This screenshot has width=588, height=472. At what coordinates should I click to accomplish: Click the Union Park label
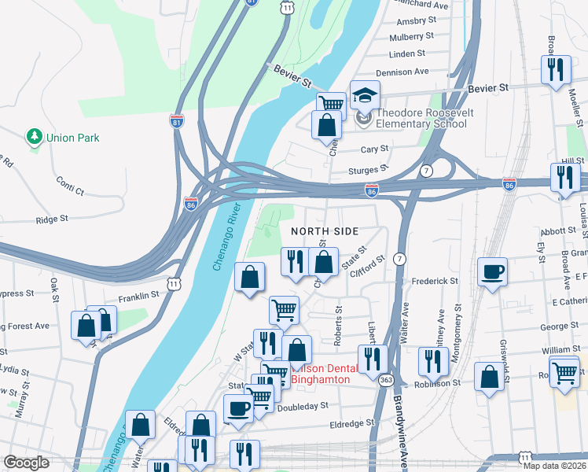click(72, 138)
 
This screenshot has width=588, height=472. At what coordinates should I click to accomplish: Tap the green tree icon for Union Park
click(35, 138)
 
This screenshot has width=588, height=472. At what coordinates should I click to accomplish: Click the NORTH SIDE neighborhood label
click(325, 231)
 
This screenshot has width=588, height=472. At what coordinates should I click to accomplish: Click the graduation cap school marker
click(365, 96)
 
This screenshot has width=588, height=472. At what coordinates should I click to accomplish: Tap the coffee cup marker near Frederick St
click(492, 272)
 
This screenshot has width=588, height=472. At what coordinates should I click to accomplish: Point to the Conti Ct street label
click(70, 186)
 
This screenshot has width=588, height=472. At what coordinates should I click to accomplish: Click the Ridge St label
click(53, 219)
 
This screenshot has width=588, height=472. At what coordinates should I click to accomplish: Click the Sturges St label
click(373, 168)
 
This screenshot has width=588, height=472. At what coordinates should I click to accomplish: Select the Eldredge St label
click(353, 423)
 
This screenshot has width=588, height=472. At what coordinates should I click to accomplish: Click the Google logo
click(26, 463)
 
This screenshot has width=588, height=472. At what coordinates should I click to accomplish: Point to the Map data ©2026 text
click(554, 466)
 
